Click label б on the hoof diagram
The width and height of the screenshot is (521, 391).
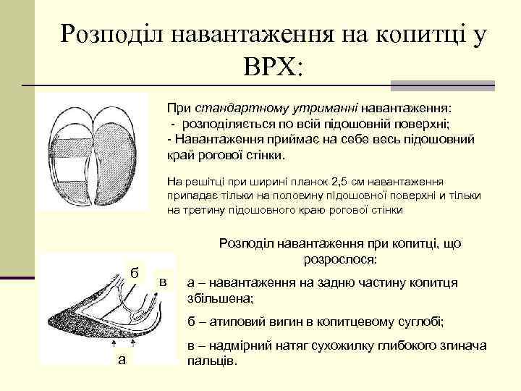[x=134, y=272]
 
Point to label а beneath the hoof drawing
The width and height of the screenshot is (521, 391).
[x=121, y=360]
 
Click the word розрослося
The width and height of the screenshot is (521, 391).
[x=339, y=258]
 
